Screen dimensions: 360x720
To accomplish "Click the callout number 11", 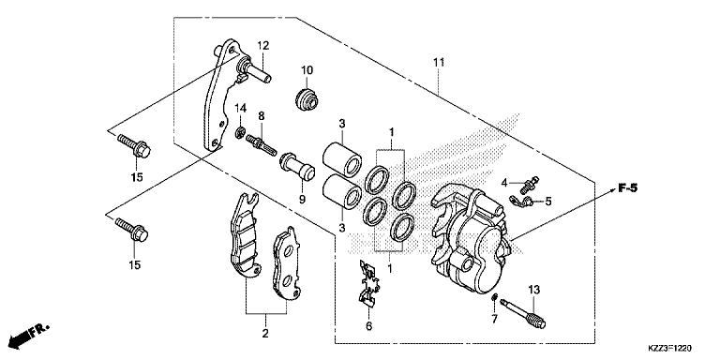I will point(438,63).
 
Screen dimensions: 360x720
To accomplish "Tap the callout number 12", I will point(263,45).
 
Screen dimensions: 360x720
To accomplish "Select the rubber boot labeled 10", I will point(307,97).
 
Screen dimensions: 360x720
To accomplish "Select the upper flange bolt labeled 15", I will point(134,147).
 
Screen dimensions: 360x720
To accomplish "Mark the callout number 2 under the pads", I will point(264,333).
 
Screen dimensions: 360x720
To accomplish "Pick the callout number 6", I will point(368,326).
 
